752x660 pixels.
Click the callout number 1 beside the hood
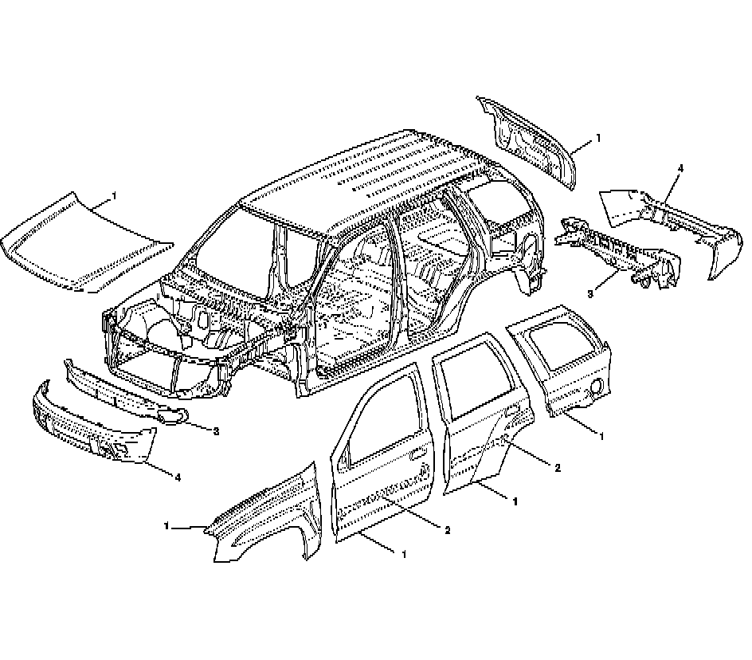(114, 195)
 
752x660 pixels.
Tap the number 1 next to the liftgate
(597, 138)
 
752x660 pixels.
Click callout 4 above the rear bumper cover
(680, 169)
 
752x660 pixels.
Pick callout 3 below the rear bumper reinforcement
(590, 294)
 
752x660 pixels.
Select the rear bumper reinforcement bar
(617, 247)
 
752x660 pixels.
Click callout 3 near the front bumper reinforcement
(216, 431)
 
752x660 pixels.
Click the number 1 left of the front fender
(167, 526)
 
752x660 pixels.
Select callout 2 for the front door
(448, 529)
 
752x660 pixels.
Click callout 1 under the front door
(405, 553)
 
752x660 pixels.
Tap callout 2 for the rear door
(557, 467)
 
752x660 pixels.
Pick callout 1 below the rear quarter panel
(601, 436)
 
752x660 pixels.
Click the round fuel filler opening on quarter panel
(594, 390)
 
